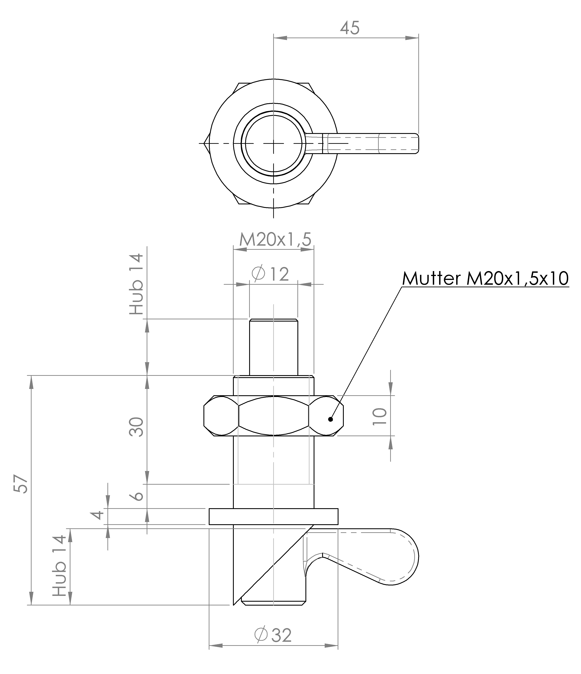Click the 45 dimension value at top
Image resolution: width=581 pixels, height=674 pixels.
click(x=350, y=28)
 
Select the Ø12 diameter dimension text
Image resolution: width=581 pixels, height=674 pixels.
click(x=270, y=274)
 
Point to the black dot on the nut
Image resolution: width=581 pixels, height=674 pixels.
click(x=331, y=419)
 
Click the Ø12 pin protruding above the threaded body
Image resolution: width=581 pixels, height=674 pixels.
click(x=273, y=346)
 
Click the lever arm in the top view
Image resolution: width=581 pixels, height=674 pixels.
click(x=371, y=143)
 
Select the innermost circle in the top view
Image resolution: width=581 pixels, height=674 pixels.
click(x=274, y=143)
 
